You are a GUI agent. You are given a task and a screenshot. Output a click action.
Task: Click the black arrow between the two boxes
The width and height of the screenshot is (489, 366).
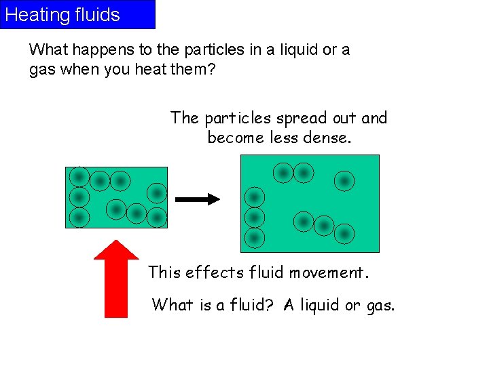point(198,199)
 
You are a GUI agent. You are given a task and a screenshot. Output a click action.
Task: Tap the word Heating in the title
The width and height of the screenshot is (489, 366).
point(33,15)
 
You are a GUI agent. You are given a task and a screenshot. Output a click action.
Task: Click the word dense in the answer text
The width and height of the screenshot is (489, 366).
point(347,138)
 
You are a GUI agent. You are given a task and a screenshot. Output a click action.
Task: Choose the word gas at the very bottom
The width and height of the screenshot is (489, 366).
point(379,305)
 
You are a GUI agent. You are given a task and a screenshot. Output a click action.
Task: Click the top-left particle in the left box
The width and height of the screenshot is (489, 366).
point(79,177)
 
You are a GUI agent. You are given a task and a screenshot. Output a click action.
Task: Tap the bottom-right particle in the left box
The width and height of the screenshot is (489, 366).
point(157,218)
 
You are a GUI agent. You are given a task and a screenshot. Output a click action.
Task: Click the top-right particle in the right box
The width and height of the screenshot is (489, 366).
point(344,180)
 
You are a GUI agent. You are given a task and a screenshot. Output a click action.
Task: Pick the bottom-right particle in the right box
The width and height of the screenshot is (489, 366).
point(344,234)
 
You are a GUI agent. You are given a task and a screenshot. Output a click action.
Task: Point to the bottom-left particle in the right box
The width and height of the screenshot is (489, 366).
point(254,237)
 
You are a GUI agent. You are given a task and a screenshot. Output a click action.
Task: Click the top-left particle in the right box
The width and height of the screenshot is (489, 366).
point(283,173)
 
